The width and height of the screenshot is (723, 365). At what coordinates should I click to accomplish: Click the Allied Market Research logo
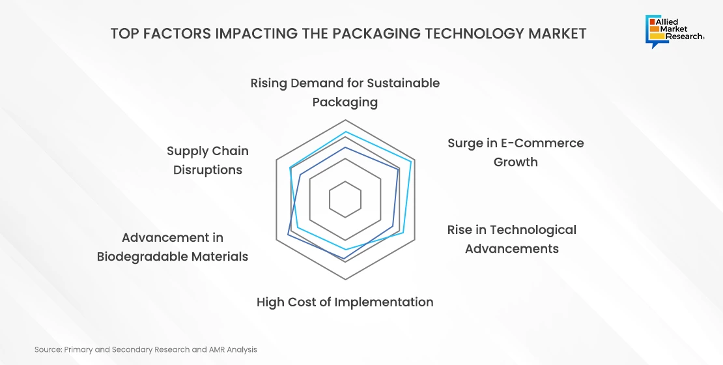[675, 31]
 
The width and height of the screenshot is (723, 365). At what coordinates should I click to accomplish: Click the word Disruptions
[208, 170]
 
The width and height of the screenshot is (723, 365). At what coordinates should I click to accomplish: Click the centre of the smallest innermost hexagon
[345, 199]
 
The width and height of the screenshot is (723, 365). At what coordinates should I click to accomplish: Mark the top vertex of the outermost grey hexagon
[345, 120]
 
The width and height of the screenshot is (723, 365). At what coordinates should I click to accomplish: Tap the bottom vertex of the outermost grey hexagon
[345, 279]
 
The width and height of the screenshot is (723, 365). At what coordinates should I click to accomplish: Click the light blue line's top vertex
[345, 132]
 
